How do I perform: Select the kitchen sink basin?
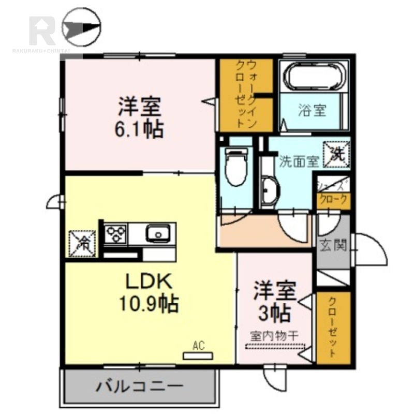[x=157, y=234]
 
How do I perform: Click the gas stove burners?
[x=117, y=234]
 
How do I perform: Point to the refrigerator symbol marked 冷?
[x=81, y=241]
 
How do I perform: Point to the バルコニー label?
[x=140, y=386]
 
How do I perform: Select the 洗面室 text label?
[x=299, y=160]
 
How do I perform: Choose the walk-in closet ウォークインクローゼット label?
[x=245, y=94]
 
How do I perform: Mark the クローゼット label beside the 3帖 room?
[x=333, y=328]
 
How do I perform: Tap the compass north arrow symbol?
[x=81, y=27]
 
